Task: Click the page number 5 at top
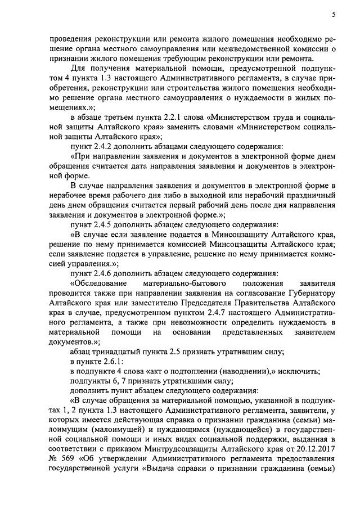(x=334, y=15)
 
